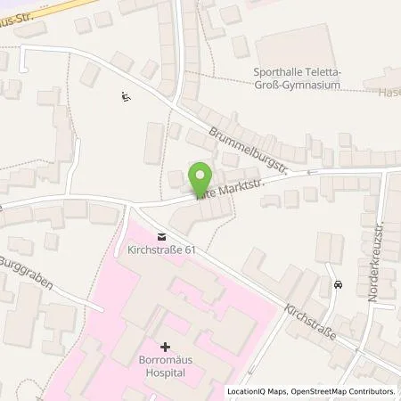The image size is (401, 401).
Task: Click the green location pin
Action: click(200, 176)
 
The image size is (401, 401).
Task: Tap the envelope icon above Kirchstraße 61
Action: click(161, 236)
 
